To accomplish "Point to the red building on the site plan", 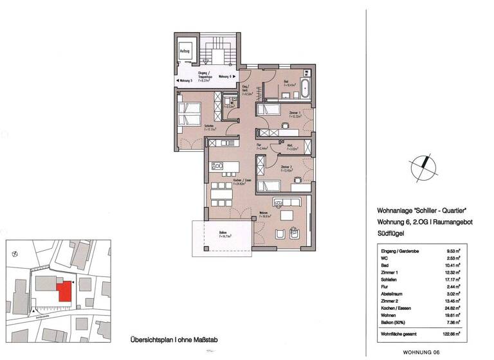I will [64, 291].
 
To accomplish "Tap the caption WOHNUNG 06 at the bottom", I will [421, 352].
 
